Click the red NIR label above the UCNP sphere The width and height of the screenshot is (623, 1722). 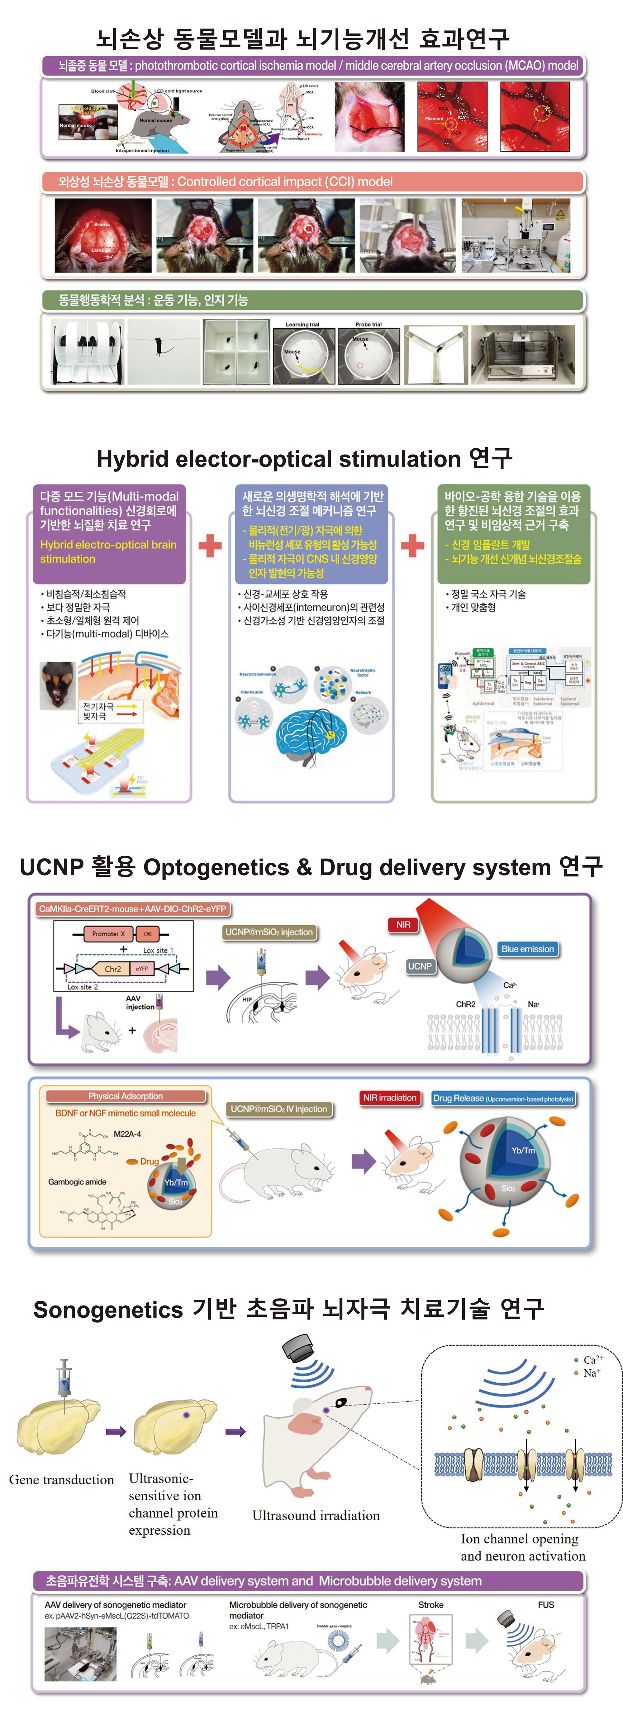[403, 924]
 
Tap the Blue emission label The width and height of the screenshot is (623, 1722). [527, 949]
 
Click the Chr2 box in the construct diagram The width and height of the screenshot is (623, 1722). [113, 969]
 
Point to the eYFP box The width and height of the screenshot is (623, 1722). [142, 969]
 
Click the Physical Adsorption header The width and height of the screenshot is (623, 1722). [125, 1096]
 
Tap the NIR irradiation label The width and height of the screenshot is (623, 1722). [389, 1098]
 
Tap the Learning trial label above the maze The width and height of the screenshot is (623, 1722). [302, 324]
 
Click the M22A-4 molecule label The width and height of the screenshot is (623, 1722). [127, 1134]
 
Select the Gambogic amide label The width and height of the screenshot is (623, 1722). [77, 1182]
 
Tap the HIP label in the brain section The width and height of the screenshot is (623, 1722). [247, 999]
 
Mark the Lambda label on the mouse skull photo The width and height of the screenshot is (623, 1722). [101, 250]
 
